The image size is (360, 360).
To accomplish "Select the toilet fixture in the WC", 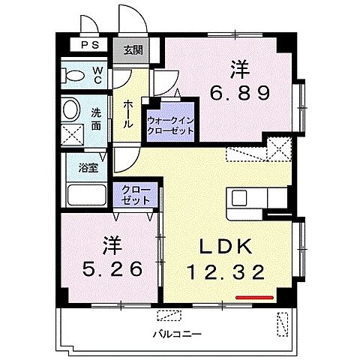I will (75, 75).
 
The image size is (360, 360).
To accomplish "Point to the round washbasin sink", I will (72, 109).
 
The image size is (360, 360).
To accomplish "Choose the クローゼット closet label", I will (136, 196).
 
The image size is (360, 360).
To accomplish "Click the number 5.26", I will (111, 268).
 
